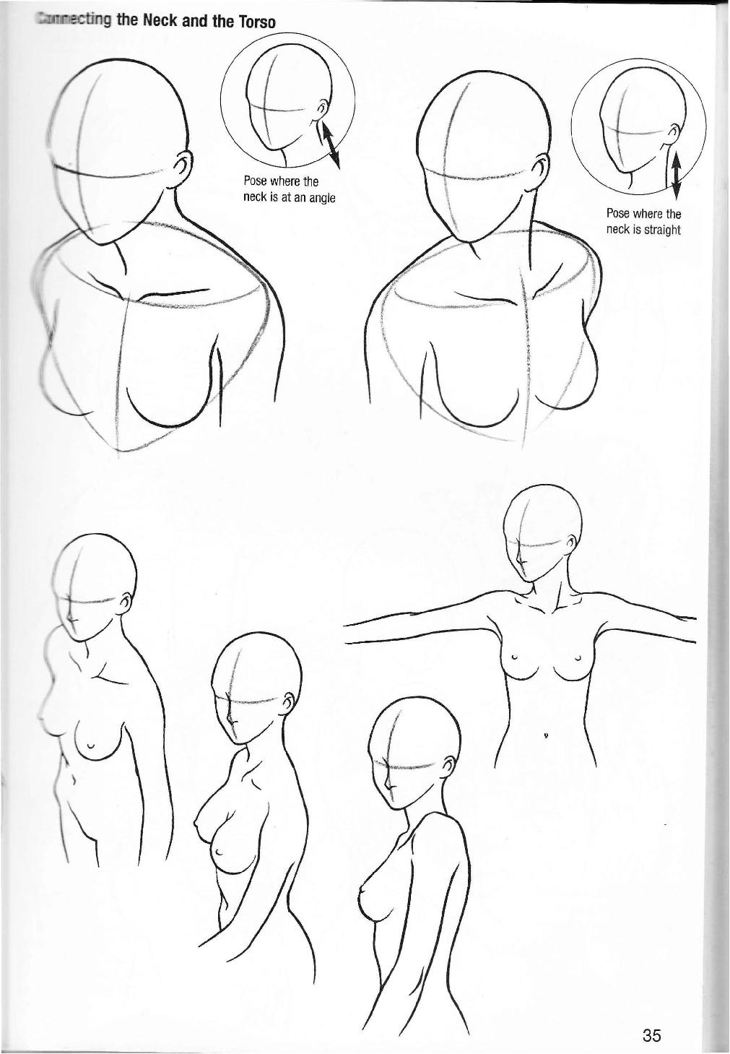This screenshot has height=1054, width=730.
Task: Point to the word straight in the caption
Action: [x=663, y=230]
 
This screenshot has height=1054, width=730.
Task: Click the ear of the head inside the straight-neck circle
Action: [x=673, y=131]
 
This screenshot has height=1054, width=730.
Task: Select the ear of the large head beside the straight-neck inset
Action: [x=538, y=174]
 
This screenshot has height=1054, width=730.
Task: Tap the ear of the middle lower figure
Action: [x=287, y=701]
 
